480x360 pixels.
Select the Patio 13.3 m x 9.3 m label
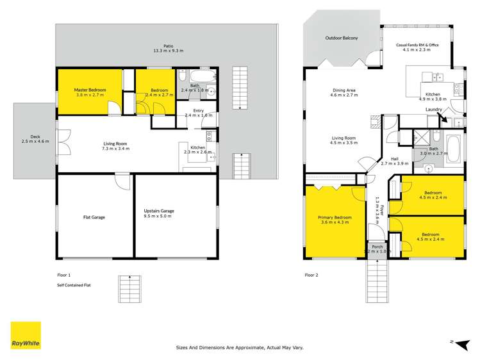click(x=167, y=48)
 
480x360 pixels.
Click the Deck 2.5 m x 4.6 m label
click(x=34, y=140)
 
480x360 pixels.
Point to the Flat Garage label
click(x=94, y=217)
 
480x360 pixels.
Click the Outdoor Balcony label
click(x=341, y=38)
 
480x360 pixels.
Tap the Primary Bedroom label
click(x=334, y=220)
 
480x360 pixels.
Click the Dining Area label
click(x=344, y=93)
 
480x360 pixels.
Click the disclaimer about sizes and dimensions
click(x=240, y=348)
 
